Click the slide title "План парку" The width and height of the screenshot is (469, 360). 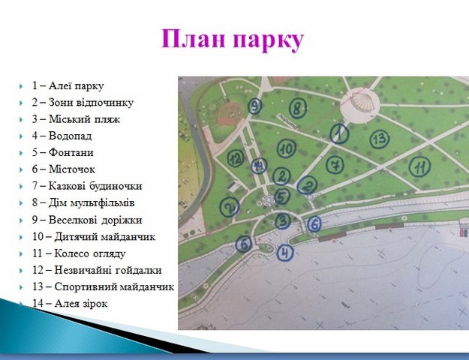[x=233, y=40]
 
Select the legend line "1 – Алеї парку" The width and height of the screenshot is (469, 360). [x=68, y=85]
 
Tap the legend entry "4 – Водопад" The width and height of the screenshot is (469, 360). [x=62, y=136]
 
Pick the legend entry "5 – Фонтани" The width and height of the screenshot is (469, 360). [x=63, y=152]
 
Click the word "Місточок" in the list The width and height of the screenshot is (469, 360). [x=72, y=169]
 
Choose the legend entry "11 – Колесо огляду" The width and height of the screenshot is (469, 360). [x=79, y=253]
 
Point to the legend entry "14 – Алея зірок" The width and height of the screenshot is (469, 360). [x=70, y=304]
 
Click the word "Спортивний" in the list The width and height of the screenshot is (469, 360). [x=86, y=287]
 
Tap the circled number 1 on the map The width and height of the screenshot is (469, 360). [x=339, y=133]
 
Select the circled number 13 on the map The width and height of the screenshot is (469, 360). [x=380, y=139]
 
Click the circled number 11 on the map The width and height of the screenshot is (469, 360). [x=419, y=166]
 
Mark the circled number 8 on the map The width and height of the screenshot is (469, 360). [x=298, y=108]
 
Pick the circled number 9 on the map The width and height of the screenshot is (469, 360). [x=255, y=106]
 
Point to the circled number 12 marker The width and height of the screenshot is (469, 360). [x=236, y=158]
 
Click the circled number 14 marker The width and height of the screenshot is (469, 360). [x=259, y=166]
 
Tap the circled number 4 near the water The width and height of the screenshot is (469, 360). [x=285, y=253]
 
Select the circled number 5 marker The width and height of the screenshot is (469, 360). [x=281, y=196]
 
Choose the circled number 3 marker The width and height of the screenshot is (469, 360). [x=283, y=220]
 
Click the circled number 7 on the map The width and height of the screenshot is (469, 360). [x=335, y=165]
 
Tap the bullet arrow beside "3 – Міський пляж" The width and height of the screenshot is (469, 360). [x=21, y=120]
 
